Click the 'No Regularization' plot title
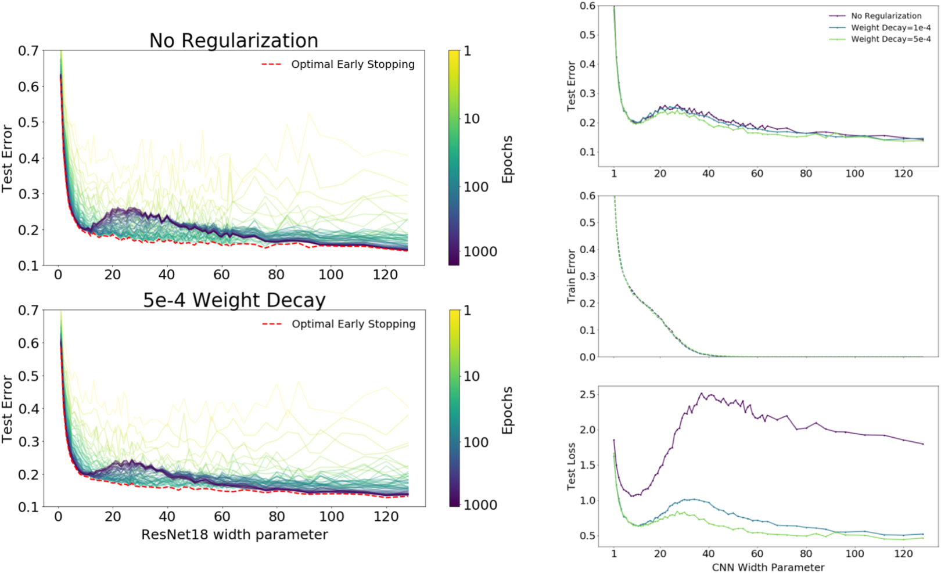pyautogui.click(x=234, y=41)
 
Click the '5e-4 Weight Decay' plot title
pyautogui.click(x=234, y=300)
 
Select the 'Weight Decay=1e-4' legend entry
pyautogui.click(x=890, y=28)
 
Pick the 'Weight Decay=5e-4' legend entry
pyautogui.click(x=890, y=39)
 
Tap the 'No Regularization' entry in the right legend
pyautogui.click(x=886, y=16)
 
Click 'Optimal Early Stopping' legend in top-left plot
pyautogui.click(x=353, y=64)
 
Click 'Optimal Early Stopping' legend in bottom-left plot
pyautogui.click(x=353, y=324)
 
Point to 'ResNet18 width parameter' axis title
pyautogui.click(x=234, y=534)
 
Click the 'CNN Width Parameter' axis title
pyautogui.click(x=768, y=567)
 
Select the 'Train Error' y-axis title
pyautogui.click(x=571, y=276)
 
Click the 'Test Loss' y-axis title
pyautogui.click(x=571, y=466)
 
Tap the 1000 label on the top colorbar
pyautogui.click(x=480, y=251)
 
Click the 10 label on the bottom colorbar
pyautogui.click(x=471, y=376)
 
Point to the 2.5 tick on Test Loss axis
pyautogui.click(x=587, y=395)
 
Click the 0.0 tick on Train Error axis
pyautogui.click(x=587, y=357)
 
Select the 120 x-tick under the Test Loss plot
pyautogui.click(x=903, y=553)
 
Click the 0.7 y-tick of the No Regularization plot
pyautogui.click(x=28, y=51)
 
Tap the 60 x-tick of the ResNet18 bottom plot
pyautogui.click(x=222, y=516)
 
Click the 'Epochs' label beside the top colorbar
pyautogui.click(x=507, y=159)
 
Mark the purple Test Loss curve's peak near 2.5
pyautogui.click(x=702, y=394)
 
